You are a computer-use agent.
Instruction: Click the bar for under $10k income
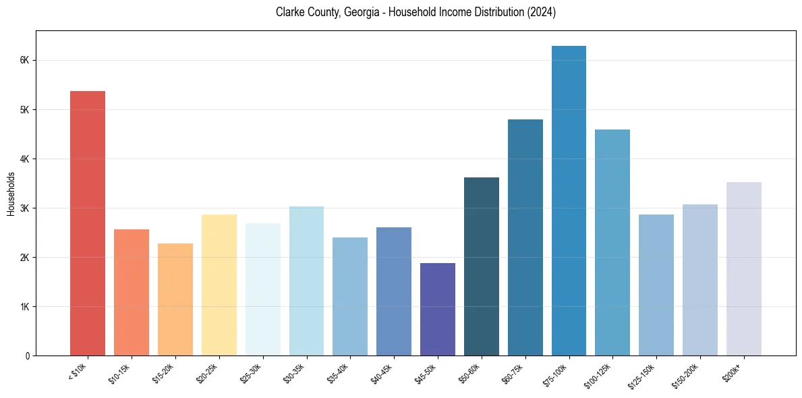pyautogui.click(x=88, y=223)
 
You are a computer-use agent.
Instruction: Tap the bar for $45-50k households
pyautogui.click(x=438, y=310)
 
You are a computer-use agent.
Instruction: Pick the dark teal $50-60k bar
pyautogui.click(x=482, y=266)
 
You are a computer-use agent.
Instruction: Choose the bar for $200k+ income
pyautogui.click(x=743, y=269)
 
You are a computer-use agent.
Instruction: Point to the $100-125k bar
pyautogui.click(x=612, y=243)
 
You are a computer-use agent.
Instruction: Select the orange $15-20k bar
pyautogui.click(x=175, y=300)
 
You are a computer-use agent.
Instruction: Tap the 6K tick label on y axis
pyautogui.click(x=25, y=60)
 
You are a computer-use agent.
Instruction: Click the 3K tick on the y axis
pyautogui.click(x=25, y=208)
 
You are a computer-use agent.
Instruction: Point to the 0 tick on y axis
pyautogui.click(x=27, y=356)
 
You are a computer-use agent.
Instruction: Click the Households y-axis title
pyautogui.click(x=11, y=194)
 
